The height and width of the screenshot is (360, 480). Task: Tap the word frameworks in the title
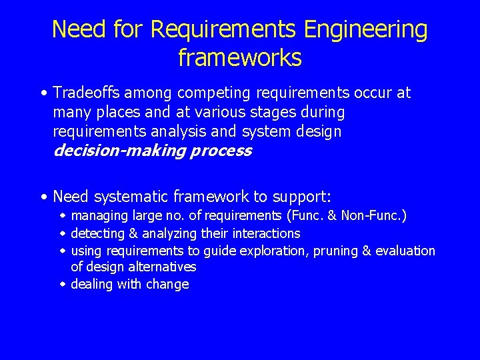coord(240,58)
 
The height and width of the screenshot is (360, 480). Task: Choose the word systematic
coord(131,197)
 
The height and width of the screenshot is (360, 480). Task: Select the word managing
coord(100,215)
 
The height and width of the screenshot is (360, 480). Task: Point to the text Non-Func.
coord(377,215)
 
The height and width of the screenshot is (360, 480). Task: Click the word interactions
coord(267,233)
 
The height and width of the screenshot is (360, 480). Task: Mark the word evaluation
coord(405,251)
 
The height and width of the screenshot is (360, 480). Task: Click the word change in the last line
coord(171,285)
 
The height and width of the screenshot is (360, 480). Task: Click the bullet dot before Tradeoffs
coord(43,93)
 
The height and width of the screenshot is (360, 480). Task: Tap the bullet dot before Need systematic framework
coord(43,197)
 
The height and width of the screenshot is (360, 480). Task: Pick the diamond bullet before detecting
coord(63,233)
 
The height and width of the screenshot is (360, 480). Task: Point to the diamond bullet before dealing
coord(63,285)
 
